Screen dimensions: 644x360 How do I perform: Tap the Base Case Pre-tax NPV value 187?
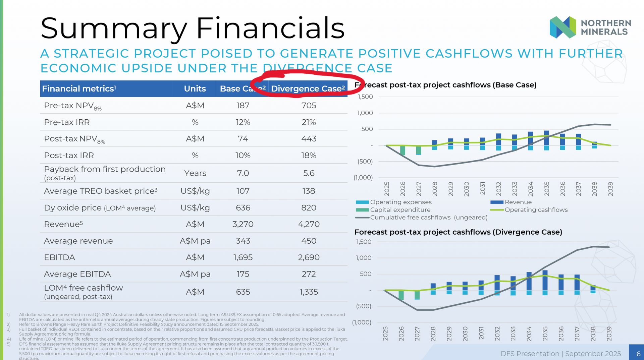click(x=243, y=106)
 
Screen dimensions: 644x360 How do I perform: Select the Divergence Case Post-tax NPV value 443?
click(x=309, y=139)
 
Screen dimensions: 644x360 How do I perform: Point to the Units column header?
click(x=195, y=88)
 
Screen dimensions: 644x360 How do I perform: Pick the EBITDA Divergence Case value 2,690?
click(x=309, y=257)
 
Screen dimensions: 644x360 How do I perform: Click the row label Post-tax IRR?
click(x=69, y=156)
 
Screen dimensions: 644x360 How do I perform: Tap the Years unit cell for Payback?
click(x=195, y=173)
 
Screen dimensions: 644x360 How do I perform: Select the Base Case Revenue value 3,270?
click(x=243, y=224)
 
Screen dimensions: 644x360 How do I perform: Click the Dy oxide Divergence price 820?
click(x=309, y=208)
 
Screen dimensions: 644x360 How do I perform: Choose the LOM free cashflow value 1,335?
click(x=309, y=292)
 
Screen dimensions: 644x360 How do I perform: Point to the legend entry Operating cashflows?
click(x=529, y=210)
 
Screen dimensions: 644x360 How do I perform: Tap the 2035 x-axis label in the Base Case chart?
click(x=547, y=189)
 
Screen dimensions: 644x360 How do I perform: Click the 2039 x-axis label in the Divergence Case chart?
click(x=609, y=334)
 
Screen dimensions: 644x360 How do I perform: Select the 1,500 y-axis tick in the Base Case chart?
click(x=365, y=97)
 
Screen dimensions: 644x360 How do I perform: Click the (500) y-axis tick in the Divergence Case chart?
click(x=364, y=306)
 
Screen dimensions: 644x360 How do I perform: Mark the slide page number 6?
click(x=638, y=354)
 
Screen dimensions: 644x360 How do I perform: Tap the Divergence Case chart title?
click(x=458, y=232)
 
